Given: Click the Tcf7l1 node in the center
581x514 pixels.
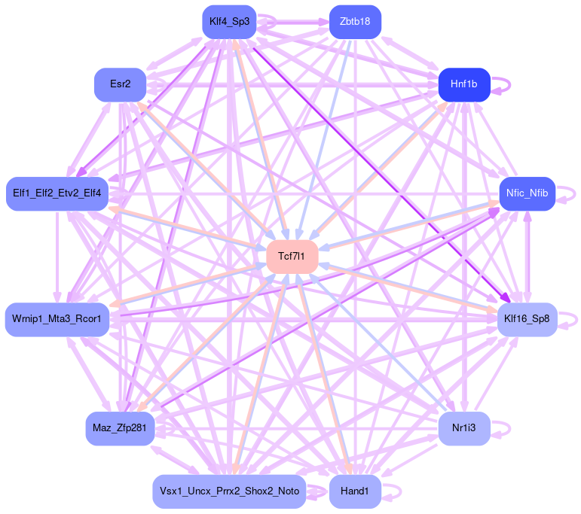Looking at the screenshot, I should pyautogui.click(x=292, y=257).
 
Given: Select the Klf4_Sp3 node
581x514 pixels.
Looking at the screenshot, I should pyautogui.click(x=230, y=21).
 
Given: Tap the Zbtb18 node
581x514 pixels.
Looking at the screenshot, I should pyautogui.click(x=355, y=21).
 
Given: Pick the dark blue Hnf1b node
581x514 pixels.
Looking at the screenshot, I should pyautogui.click(x=464, y=84).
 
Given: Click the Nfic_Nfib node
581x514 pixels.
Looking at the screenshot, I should pyautogui.click(x=527, y=193).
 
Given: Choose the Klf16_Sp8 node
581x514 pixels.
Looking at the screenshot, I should pyautogui.click(x=527, y=319).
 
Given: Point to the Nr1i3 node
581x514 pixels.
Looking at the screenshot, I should pyautogui.click(x=464, y=429).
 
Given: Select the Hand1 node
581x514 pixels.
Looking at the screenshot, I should pyautogui.click(x=355, y=491).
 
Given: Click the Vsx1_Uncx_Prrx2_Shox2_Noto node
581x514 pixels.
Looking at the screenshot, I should pyautogui.click(x=229, y=491).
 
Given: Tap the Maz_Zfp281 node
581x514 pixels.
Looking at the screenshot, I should pyautogui.click(x=120, y=429).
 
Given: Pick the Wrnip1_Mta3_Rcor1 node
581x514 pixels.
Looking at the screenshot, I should pyautogui.click(x=57, y=319).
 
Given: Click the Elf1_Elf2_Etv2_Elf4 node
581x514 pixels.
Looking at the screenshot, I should pyautogui.click(x=57, y=193).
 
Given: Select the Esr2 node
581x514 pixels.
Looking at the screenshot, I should pyautogui.click(x=120, y=84).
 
